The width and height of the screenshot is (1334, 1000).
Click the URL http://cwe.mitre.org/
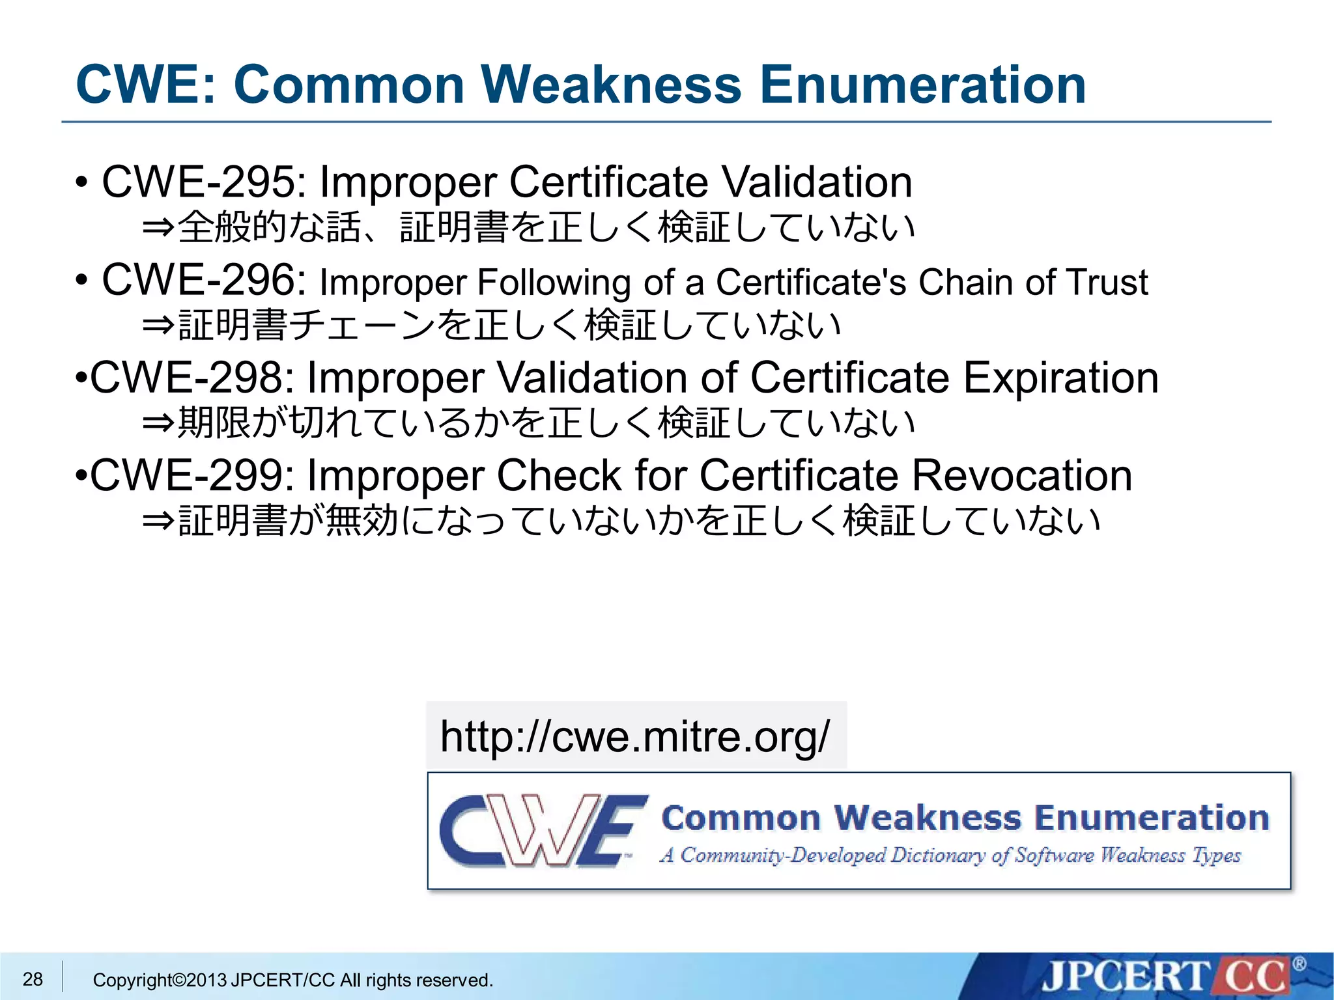click(635, 736)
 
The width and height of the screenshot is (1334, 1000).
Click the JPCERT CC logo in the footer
click(1166, 977)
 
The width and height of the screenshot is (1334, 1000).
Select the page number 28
click(33, 979)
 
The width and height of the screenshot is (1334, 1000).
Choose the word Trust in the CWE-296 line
click(1107, 283)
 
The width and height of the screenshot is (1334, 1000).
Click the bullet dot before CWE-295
click(81, 183)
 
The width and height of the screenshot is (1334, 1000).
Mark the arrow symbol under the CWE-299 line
click(158, 521)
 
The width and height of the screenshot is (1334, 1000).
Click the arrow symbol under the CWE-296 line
click(158, 325)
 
